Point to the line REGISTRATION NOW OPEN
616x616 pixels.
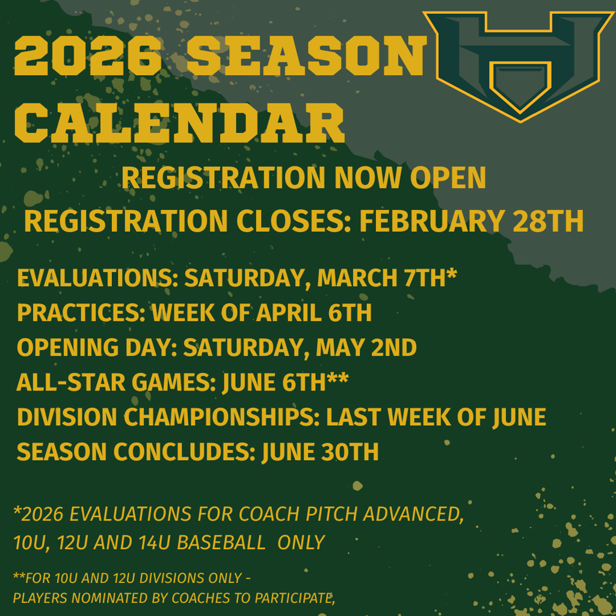click(304, 178)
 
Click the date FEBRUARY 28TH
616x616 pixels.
click(472, 221)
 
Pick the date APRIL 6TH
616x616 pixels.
click(320, 313)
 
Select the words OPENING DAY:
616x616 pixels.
click(97, 348)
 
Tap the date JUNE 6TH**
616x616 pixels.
click(285, 383)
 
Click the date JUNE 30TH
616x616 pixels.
click(320, 452)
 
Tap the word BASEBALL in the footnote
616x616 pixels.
click(222, 543)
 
